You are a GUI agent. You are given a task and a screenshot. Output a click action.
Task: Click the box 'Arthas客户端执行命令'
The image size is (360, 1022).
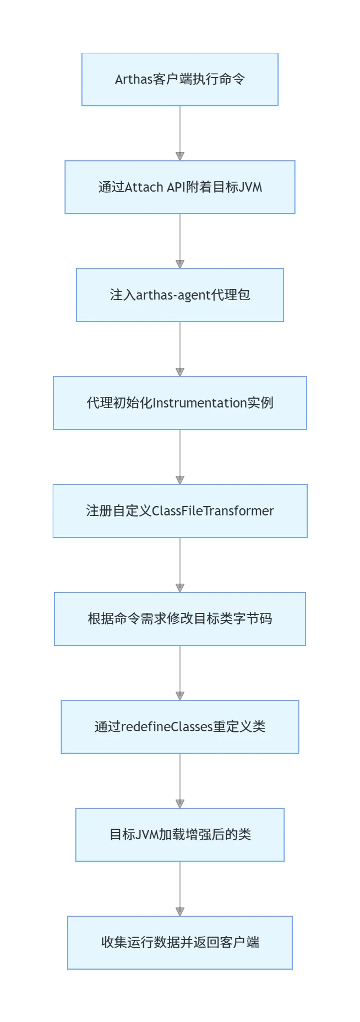tap(180, 79)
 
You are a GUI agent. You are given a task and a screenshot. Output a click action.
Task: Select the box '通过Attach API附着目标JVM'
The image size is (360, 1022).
tap(180, 187)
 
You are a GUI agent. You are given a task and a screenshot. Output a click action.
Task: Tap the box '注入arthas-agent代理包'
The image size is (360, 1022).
tap(180, 295)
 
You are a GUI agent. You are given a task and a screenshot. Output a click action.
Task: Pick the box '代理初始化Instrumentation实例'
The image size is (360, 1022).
tap(180, 403)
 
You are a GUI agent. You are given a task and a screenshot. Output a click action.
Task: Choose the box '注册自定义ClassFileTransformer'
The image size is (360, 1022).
tap(180, 511)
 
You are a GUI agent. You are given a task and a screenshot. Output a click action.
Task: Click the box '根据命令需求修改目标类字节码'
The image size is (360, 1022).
tap(180, 619)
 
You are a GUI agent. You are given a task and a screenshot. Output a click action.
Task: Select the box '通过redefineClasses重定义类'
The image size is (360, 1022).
tap(180, 727)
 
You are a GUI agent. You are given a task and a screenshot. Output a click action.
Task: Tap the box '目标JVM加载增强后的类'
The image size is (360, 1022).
tap(180, 835)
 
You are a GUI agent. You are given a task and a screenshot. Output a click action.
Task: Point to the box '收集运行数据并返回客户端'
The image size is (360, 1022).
tap(180, 943)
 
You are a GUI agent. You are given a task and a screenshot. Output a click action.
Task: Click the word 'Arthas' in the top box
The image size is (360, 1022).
tap(134, 79)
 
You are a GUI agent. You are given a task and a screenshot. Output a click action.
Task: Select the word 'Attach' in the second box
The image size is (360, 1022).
tap(144, 187)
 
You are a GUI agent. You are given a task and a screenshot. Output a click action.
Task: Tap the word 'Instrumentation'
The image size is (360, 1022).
tap(199, 403)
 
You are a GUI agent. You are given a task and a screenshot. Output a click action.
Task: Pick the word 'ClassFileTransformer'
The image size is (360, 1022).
tap(212, 511)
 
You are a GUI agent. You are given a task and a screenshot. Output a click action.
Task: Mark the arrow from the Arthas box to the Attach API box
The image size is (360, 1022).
tap(180, 133)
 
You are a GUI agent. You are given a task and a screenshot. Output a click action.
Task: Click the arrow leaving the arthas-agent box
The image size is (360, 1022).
tap(180, 349)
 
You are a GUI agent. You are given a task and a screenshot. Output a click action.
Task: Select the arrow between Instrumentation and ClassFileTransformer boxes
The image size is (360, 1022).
tap(180, 457)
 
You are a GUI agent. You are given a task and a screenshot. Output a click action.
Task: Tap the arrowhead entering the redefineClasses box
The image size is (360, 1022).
tap(180, 696)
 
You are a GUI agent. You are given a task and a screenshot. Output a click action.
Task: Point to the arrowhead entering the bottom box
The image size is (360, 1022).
tap(180, 912)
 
